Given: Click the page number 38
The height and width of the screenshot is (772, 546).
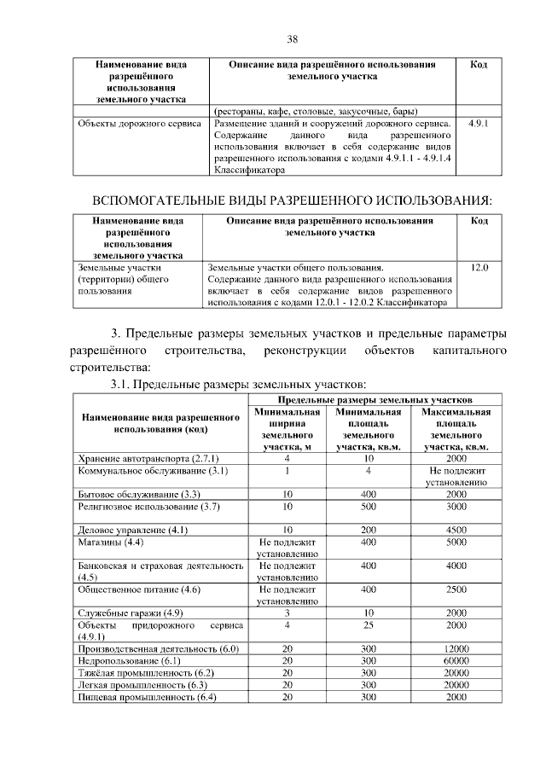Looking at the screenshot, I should [292, 39].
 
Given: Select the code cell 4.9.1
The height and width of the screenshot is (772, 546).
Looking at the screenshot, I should [479, 125].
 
